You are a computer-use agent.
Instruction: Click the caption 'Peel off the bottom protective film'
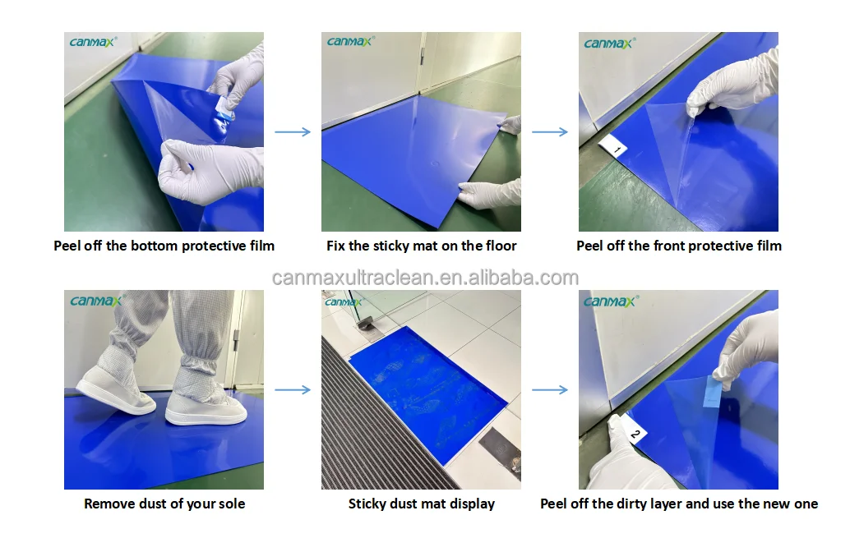[x=164, y=246]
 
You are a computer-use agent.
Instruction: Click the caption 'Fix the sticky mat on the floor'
[x=421, y=246]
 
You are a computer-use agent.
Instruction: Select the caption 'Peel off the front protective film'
[x=678, y=246]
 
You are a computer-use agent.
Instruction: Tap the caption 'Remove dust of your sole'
[x=164, y=504]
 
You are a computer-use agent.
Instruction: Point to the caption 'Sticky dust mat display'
[x=421, y=504]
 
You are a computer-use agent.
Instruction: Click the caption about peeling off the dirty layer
[x=678, y=504]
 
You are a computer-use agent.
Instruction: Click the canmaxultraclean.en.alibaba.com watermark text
[x=425, y=278]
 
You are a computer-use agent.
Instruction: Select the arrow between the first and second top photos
[x=292, y=131]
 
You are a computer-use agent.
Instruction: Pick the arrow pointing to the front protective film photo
[x=550, y=131]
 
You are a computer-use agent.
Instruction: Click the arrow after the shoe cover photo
[x=292, y=389]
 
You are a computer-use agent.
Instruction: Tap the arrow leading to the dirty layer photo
[x=550, y=389]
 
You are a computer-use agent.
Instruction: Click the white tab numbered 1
[x=613, y=147]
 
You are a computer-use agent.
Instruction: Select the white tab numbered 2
[x=633, y=430]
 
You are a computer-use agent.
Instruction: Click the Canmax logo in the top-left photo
[x=94, y=43]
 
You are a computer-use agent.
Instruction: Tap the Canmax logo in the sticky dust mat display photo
[x=343, y=301]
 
